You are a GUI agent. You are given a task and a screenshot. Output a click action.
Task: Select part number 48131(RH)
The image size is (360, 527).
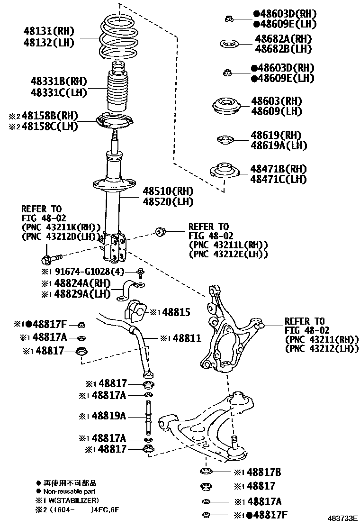[49, 31]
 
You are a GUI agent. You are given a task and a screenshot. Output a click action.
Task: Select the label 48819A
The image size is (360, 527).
[109, 416]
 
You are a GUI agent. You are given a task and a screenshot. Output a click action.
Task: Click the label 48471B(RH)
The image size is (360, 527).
[279, 169]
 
